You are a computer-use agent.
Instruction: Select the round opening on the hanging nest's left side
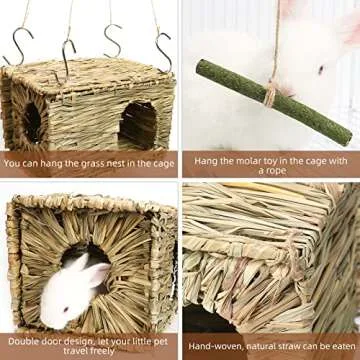(x=32, y=122)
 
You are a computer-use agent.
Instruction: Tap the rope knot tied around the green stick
(x=270, y=94)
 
